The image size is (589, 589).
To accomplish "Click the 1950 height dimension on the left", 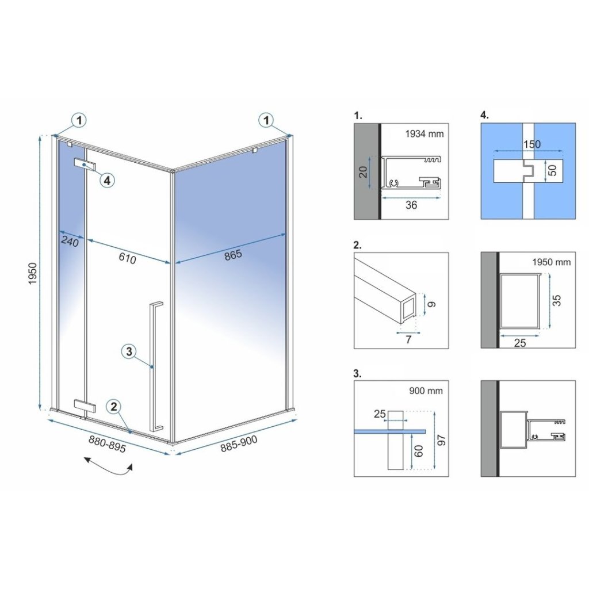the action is click(x=33, y=273).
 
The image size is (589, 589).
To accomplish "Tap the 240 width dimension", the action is click(x=70, y=241).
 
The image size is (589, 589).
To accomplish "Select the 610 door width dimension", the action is click(x=127, y=258).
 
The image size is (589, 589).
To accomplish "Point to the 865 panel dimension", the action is click(x=234, y=255).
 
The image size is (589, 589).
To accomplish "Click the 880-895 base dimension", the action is click(x=108, y=443).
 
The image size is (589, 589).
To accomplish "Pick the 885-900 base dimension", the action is click(x=239, y=443).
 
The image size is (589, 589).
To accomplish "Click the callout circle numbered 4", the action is click(x=107, y=180).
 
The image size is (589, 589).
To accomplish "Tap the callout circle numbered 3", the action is click(x=129, y=351).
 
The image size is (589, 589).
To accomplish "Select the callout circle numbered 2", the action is click(x=114, y=407).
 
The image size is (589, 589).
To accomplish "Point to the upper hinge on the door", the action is click(x=85, y=164).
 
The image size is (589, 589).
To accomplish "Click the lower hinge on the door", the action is click(x=85, y=406).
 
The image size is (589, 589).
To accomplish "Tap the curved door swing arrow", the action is click(x=108, y=466).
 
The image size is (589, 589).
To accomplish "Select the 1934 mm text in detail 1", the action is click(x=424, y=133).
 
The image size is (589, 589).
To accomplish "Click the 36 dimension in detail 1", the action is click(x=411, y=205).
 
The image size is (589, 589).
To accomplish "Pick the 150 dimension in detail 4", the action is click(x=532, y=144).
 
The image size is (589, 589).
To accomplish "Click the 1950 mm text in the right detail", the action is click(x=552, y=262).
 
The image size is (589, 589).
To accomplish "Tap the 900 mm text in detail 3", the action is click(x=426, y=391).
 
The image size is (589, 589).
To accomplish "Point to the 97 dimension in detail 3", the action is click(x=442, y=440).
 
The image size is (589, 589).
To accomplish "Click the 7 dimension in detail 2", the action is click(x=408, y=339).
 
